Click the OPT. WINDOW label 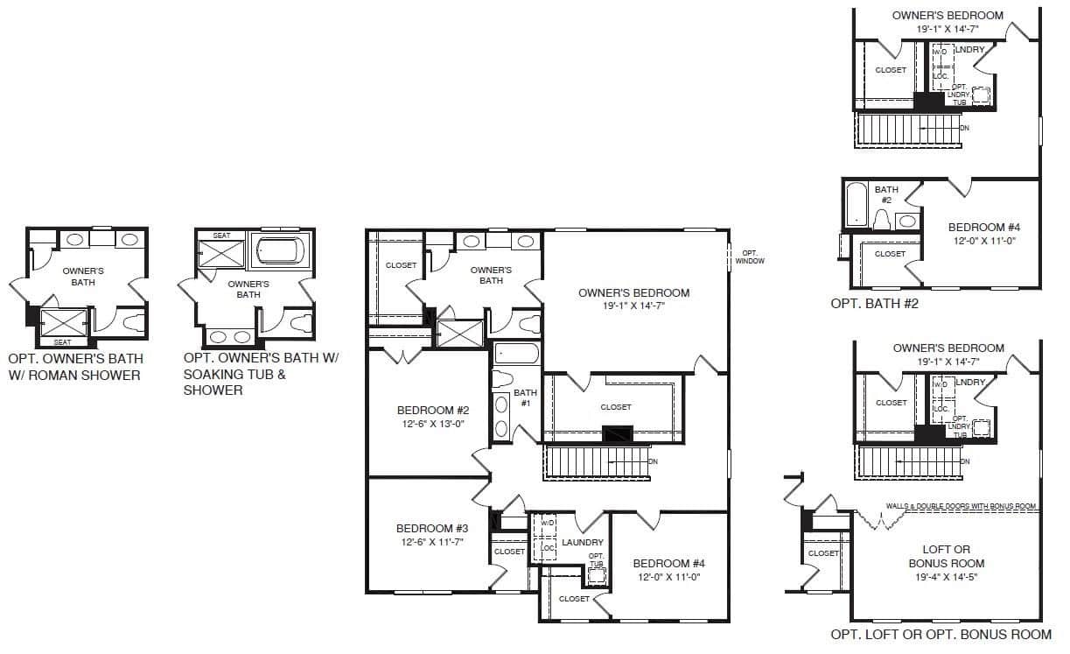[x=750, y=257]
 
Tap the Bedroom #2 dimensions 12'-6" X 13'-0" [x=433, y=424]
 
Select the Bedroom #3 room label [x=432, y=528]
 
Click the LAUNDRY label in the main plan [x=583, y=542]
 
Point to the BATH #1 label [x=526, y=397]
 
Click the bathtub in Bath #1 [x=516, y=354]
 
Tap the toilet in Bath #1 [x=502, y=379]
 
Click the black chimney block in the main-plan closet [x=617, y=433]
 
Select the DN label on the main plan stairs [x=653, y=461]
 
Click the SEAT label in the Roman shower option [x=63, y=342]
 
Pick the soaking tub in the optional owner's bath [x=280, y=250]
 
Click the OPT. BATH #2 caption [x=874, y=304]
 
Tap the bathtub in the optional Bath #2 [x=856, y=204]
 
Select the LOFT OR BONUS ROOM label [x=946, y=557]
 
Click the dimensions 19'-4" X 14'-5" [x=947, y=577]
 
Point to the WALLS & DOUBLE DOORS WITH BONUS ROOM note [x=961, y=506]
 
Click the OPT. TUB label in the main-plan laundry [x=596, y=559]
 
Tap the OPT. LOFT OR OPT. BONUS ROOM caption [x=941, y=635]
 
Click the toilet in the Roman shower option [x=133, y=322]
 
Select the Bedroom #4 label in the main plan [x=668, y=563]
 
